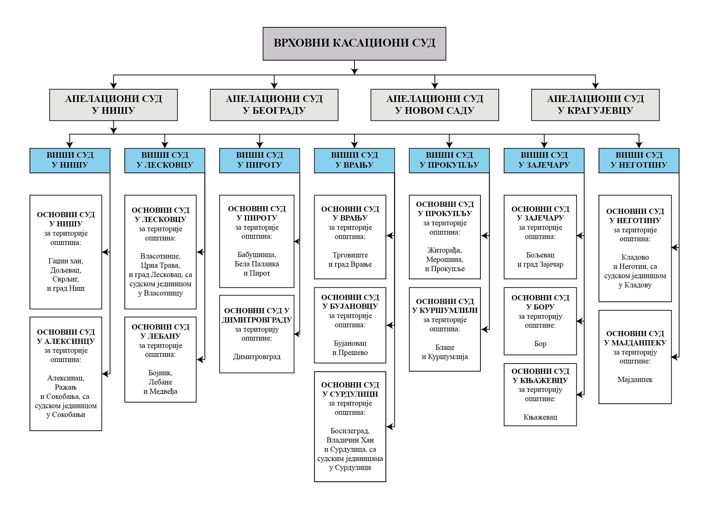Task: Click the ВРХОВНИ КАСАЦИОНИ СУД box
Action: (354, 43)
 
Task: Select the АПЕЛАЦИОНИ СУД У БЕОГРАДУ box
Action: (274, 105)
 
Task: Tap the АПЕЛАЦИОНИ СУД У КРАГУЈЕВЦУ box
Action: (595, 105)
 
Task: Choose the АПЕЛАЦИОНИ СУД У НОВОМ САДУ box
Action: (435, 105)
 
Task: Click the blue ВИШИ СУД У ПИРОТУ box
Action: (259, 160)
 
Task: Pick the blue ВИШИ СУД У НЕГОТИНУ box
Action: (638, 160)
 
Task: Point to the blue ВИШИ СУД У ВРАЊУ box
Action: (354, 160)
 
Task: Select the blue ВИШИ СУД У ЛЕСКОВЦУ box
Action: (165, 160)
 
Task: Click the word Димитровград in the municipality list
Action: (257, 357)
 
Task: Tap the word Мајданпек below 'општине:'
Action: (635, 380)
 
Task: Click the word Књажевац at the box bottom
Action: (540, 417)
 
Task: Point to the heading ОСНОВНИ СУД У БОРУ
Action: (540, 302)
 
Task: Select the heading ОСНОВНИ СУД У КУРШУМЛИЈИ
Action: (445, 306)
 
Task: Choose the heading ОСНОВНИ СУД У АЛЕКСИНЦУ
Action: (66, 337)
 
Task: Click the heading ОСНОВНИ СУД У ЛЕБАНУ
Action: (160, 331)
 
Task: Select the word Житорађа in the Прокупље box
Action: (445, 250)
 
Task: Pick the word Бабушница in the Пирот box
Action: (257, 255)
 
